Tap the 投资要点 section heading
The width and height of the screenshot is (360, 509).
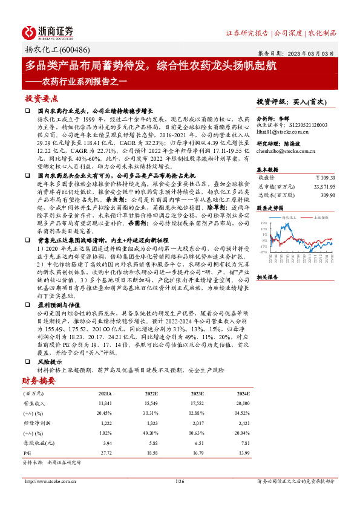42,98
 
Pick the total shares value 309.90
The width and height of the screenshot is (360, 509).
327,196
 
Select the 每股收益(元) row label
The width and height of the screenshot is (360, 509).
36,443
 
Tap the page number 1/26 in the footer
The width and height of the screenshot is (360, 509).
179,481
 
